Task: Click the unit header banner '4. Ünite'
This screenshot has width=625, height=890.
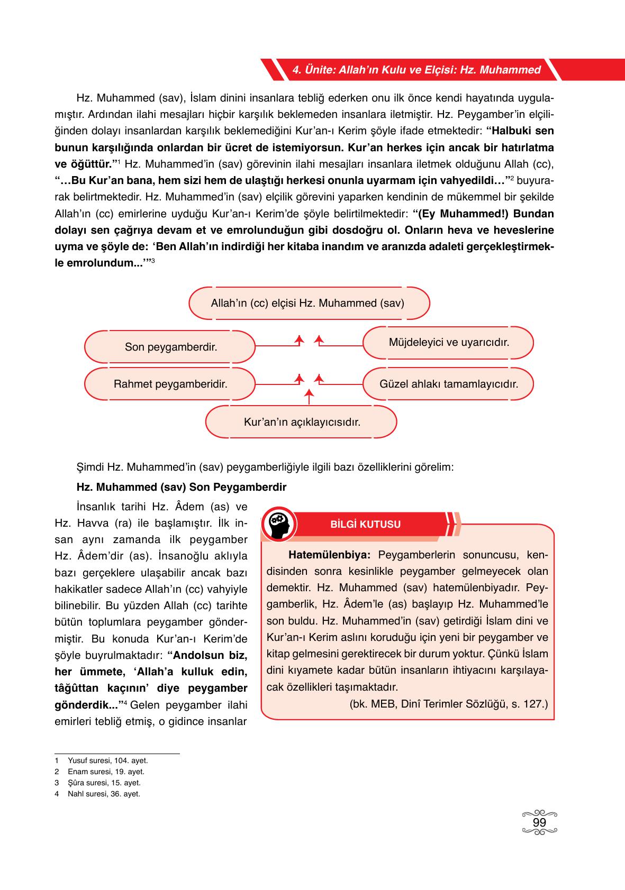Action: click(x=416, y=70)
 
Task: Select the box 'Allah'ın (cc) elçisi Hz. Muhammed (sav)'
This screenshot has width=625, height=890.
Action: click(x=307, y=304)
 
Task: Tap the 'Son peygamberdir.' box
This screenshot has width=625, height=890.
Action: click(x=170, y=347)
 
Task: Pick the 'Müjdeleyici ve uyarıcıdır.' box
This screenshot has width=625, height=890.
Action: click(x=448, y=343)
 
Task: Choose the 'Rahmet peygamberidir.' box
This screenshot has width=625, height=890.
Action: click(x=170, y=384)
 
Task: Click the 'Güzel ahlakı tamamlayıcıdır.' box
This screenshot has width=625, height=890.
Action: click(x=448, y=384)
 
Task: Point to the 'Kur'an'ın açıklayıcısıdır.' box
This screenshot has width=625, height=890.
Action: click(x=302, y=423)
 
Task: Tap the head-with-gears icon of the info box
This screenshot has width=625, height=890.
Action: click(x=279, y=524)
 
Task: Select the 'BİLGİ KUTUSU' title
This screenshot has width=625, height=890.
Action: click(x=365, y=525)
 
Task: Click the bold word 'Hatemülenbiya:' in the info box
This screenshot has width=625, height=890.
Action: click(x=330, y=555)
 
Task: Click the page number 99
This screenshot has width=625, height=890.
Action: click(x=539, y=823)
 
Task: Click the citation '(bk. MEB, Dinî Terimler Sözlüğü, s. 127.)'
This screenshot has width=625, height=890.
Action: click(x=448, y=704)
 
